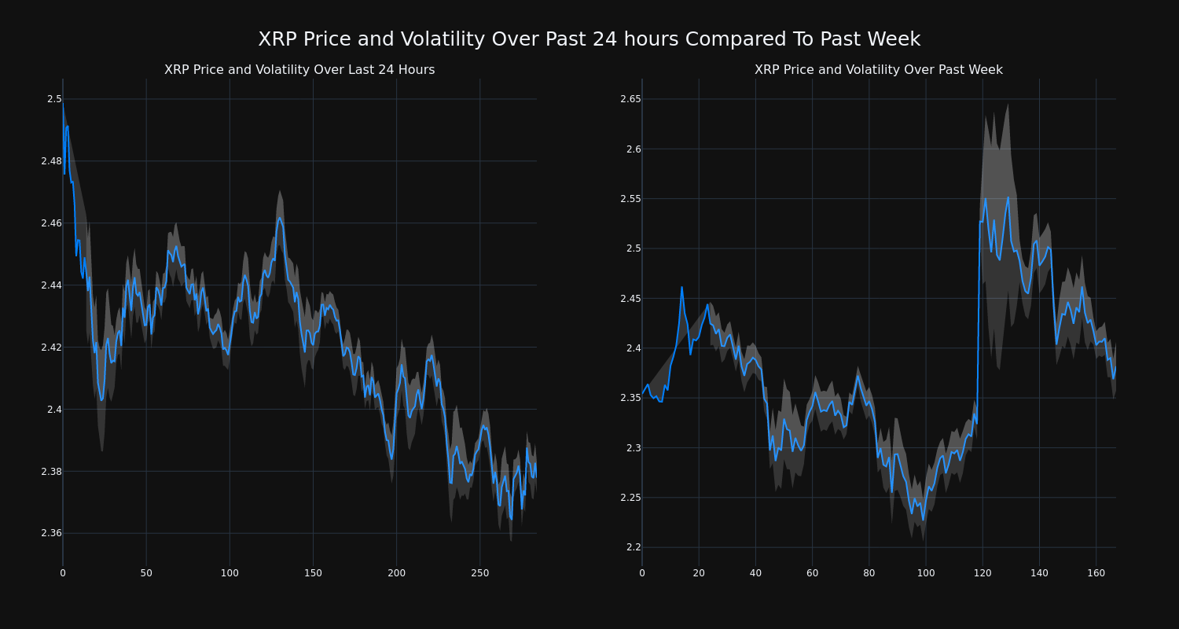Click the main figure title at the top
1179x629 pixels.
pyautogui.click(x=589, y=39)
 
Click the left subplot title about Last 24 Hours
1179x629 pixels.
pyautogui.click(x=299, y=70)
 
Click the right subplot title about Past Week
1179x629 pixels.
pyautogui.click(x=878, y=70)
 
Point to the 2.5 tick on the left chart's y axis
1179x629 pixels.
pyautogui.click(x=54, y=99)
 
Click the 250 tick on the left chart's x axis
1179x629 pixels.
pyautogui.click(x=479, y=574)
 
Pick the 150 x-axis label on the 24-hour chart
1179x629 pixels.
pyautogui.click(x=313, y=574)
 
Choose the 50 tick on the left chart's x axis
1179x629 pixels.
pyautogui.click(x=146, y=574)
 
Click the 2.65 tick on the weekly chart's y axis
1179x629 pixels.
pyautogui.click(x=630, y=99)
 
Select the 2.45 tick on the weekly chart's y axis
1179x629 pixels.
pyautogui.click(x=630, y=299)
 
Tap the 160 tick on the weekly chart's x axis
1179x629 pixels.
pyautogui.click(x=1096, y=574)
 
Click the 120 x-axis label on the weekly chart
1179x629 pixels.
pyautogui.click(x=982, y=574)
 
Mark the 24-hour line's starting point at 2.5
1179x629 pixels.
pyautogui.click(x=63, y=101)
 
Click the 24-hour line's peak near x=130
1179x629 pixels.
pyautogui.click(x=279, y=218)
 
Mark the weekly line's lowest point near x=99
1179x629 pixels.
pyautogui.click(x=923, y=520)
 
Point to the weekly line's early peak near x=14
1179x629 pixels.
pyautogui.click(x=681, y=287)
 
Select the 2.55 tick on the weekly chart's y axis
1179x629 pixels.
pyautogui.click(x=630, y=199)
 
